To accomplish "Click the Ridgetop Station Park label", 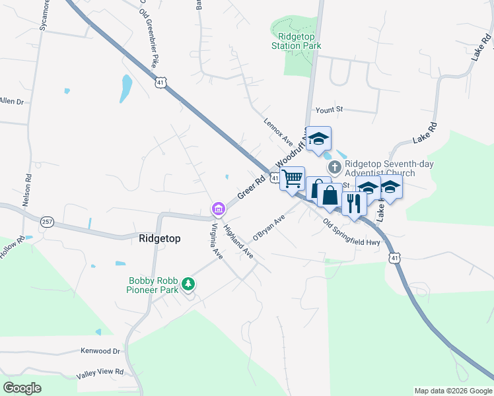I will click(296, 41).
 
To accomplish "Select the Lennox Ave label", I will click(278, 131).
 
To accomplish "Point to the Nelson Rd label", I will click(27, 191).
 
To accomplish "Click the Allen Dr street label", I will click(11, 102).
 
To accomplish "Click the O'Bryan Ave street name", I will click(269, 228).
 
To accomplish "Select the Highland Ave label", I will click(238, 242).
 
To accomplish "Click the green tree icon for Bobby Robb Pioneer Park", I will click(189, 284).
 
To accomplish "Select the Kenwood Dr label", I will click(100, 352).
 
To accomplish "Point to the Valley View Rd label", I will click(100, 373).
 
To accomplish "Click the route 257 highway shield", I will click(46, 222).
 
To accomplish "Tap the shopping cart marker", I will click(292, 179).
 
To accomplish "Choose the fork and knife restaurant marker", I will click(353, 203).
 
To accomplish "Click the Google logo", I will click(22, 387).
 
